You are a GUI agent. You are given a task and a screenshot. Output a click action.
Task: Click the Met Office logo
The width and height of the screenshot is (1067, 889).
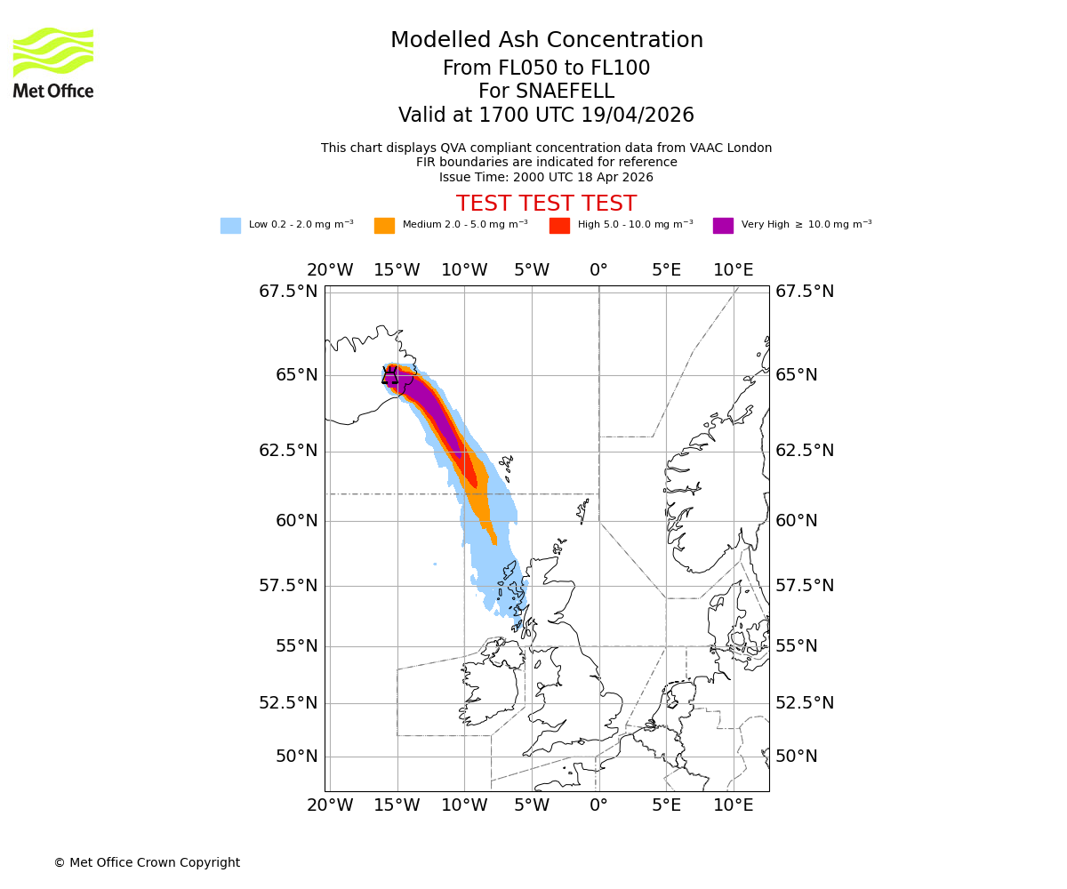pos(53,62)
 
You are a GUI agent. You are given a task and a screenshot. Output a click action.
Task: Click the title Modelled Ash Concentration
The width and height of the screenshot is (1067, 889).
pos(546,40)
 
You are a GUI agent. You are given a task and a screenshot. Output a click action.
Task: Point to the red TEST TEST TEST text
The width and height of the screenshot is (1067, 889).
pos(546,204)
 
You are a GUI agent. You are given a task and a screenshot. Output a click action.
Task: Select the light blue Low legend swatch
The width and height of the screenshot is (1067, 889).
pos(230,226)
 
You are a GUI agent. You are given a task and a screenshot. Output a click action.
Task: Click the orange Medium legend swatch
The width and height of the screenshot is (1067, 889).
pos(384,226)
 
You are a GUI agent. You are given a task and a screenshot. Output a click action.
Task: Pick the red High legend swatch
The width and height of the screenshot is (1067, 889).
pos(559,226)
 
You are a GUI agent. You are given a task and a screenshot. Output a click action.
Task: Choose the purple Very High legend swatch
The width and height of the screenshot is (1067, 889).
pos(723,226)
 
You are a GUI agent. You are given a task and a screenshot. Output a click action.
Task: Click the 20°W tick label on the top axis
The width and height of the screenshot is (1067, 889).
pos(330,270)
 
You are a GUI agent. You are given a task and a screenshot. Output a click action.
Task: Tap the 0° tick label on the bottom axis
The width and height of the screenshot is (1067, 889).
pos(598,805)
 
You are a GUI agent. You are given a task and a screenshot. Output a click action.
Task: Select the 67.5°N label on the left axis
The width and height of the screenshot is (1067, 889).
pos(288,292)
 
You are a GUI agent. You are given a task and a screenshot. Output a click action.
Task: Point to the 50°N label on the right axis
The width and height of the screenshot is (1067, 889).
pos(796,757)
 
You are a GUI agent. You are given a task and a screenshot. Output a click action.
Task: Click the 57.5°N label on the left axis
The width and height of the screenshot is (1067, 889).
pos(288,585)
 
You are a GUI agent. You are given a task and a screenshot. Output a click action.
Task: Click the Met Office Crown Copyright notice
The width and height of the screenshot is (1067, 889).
pos(147,862)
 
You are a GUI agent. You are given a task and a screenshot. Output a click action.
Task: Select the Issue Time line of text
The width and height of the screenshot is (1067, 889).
pos(546,177)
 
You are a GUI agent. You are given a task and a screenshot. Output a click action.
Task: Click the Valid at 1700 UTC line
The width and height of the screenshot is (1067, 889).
pos(546,116)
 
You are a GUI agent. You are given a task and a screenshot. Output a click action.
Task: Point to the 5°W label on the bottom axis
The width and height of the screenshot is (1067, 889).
pos(532,805)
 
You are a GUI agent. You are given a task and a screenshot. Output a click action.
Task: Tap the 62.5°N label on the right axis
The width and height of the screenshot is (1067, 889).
pos(805,451)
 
